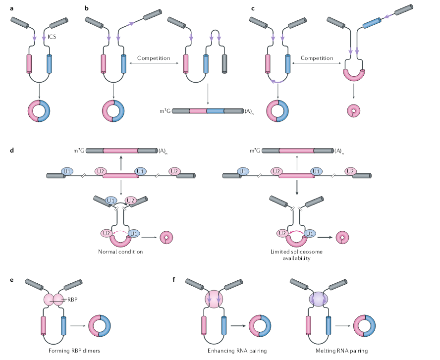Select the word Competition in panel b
(x=154, y=58)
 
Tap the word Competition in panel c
(x=317, y=58)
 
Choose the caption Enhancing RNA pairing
(x=237, y=351)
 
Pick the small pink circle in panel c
(x=353, y=111)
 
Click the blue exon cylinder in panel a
(x=49, y=64)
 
